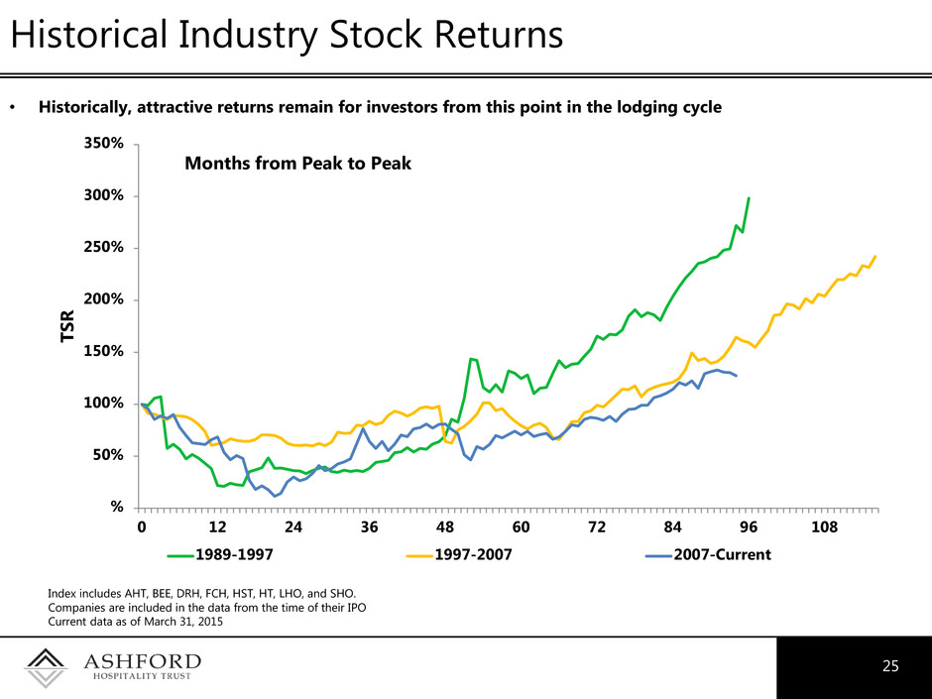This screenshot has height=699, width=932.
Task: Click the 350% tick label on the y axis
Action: pyautogui.click(x=104, y=144)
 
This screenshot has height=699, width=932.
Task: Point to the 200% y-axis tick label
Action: pyautogui.click(x=104, y=299)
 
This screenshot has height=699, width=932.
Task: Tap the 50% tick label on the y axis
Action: pyautogui.click(x=108, y=455)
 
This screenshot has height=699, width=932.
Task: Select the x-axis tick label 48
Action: pyautogui.click(x=444, y=527)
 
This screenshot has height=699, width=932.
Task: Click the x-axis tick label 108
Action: pyautogui.click(x=824, y=527)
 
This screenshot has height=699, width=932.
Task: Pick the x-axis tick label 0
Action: pyautogui.click(x=142, y=527)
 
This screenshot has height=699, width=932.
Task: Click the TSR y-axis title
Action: pyautogui.click(x=68, y=326)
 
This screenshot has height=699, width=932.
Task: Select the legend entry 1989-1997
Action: pyautogui.click(x=234, y=554)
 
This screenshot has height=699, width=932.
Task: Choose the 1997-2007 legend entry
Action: pyautogui.click(x=473, y=554)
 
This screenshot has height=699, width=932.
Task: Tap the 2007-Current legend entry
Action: pyautogui.click(x=722, y=554)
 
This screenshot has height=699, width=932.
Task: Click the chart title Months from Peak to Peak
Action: pyautogui.click(x=297, y=163)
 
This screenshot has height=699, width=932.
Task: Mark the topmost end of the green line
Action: pyautogui.click(x=749, y=198)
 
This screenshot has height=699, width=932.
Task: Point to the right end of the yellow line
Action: pyautogui.click(x=875, y=256)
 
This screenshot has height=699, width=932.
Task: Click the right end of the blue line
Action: pyautogui.click(x=736, y=376)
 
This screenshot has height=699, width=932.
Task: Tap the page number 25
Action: pyautogui.click(x=890, y=665)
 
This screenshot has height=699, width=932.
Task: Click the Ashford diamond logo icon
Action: pyautogui.click(x=46, y=668)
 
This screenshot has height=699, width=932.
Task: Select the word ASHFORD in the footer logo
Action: pyautogui.click(x=142, y=661)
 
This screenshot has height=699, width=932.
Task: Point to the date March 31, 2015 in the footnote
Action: pyautogui.click(x=183, y=622)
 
